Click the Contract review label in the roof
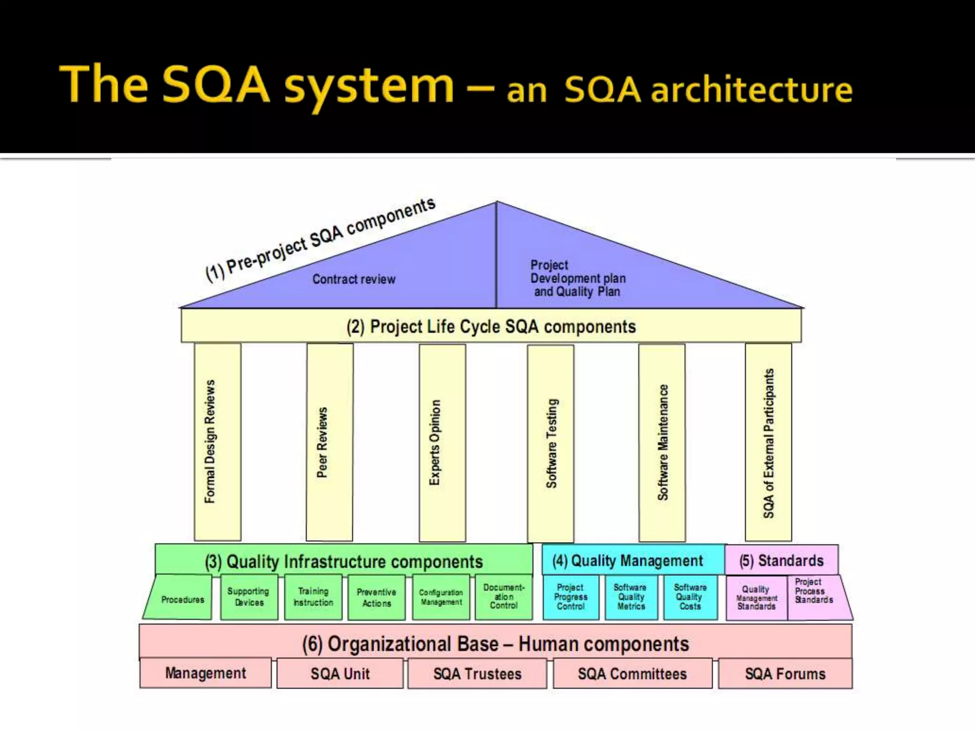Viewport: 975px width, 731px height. click(x=354, y=279)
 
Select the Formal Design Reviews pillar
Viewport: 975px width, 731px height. click(x=217, y=442)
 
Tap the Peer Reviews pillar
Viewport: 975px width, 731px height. click(x=329, y=442)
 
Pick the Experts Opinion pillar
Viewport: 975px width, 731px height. click(x=442, y=443)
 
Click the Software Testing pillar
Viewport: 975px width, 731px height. click(x=550, y=443)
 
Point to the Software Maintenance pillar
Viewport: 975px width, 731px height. click(x=662, y=443)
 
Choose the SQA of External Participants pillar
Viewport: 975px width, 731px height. click(x=768, y=442)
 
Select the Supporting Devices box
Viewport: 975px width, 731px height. click(x=249, y=597)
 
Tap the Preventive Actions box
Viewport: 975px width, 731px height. click(x=377, y=598)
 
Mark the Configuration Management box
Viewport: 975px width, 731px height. click(x=441, y=597)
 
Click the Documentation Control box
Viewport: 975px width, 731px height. click(x=504, y=597)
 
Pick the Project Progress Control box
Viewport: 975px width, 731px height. click(x=571, y=597)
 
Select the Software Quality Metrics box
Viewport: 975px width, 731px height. click(x=631, y=597)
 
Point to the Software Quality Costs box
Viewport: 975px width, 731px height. click(x=690, y=597)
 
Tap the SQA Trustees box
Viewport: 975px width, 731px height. click(x=477, y=674)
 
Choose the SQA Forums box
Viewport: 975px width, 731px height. click(x=785, y=674)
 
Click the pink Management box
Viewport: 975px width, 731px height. click(x=205, y=673)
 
